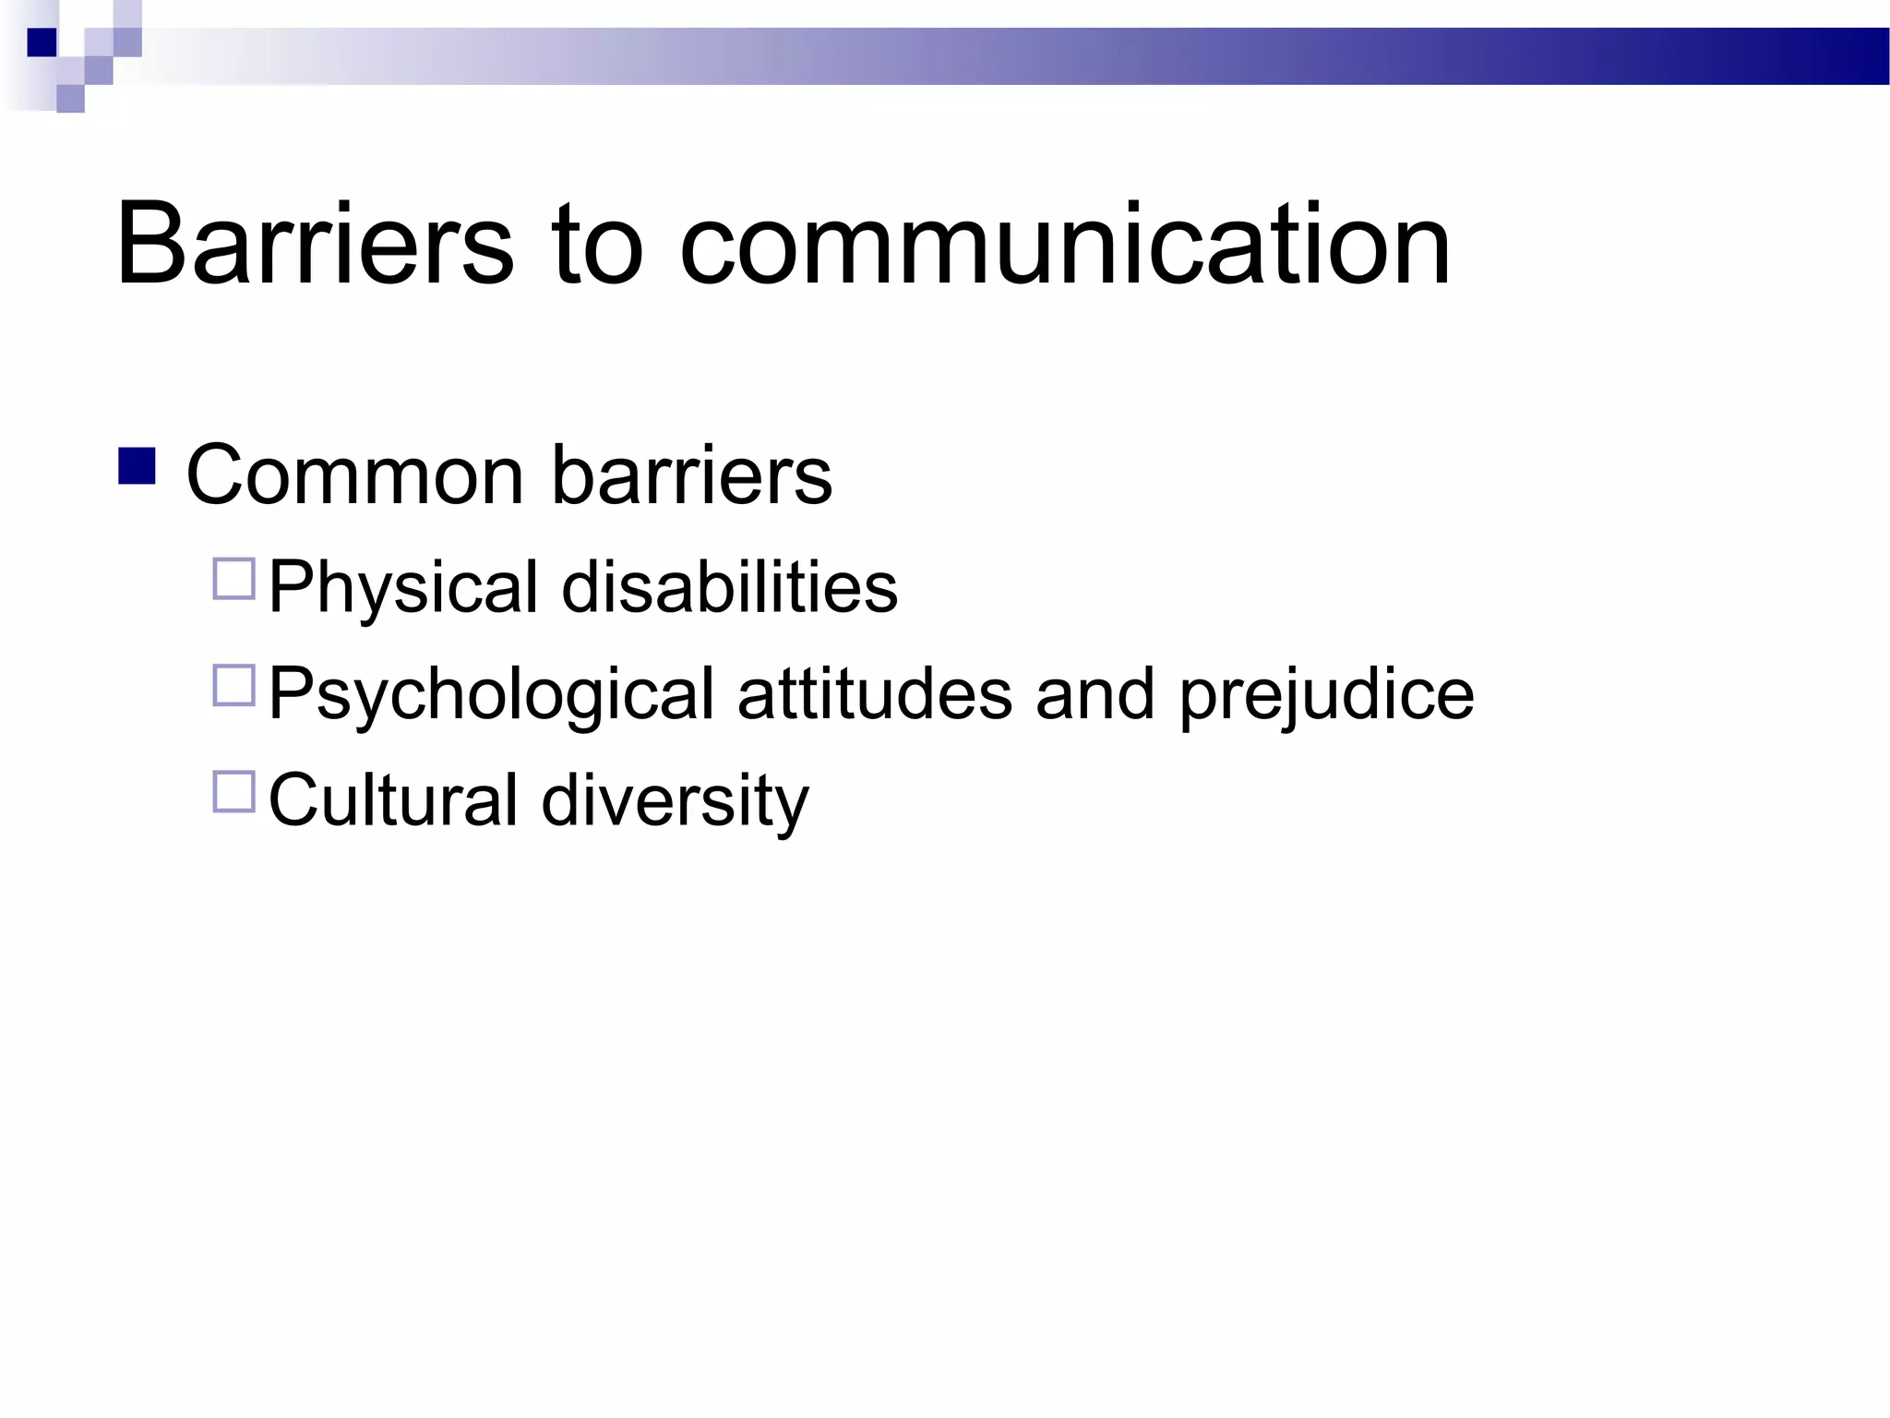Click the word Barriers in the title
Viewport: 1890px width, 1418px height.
point(314,245)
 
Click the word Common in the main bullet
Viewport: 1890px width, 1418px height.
point(354,475)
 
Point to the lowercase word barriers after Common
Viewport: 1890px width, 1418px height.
point(692,475)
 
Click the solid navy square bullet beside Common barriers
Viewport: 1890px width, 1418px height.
point(137,466)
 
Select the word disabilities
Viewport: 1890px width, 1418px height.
point(729,587)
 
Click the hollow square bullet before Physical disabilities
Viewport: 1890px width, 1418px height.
point(233,580)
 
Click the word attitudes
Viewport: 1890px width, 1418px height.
point(875,694)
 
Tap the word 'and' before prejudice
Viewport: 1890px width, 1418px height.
point(1095,694)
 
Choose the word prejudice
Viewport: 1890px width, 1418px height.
point(1327,694)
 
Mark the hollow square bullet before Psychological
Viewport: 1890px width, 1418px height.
point(233,686)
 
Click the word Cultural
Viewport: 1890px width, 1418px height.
point(393,799)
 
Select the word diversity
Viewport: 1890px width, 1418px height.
point(675,801)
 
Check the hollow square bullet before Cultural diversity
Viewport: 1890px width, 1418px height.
point(233,792)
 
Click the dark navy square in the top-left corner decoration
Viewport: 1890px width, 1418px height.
point(42,42)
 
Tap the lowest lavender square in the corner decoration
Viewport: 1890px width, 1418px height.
point(70,99)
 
